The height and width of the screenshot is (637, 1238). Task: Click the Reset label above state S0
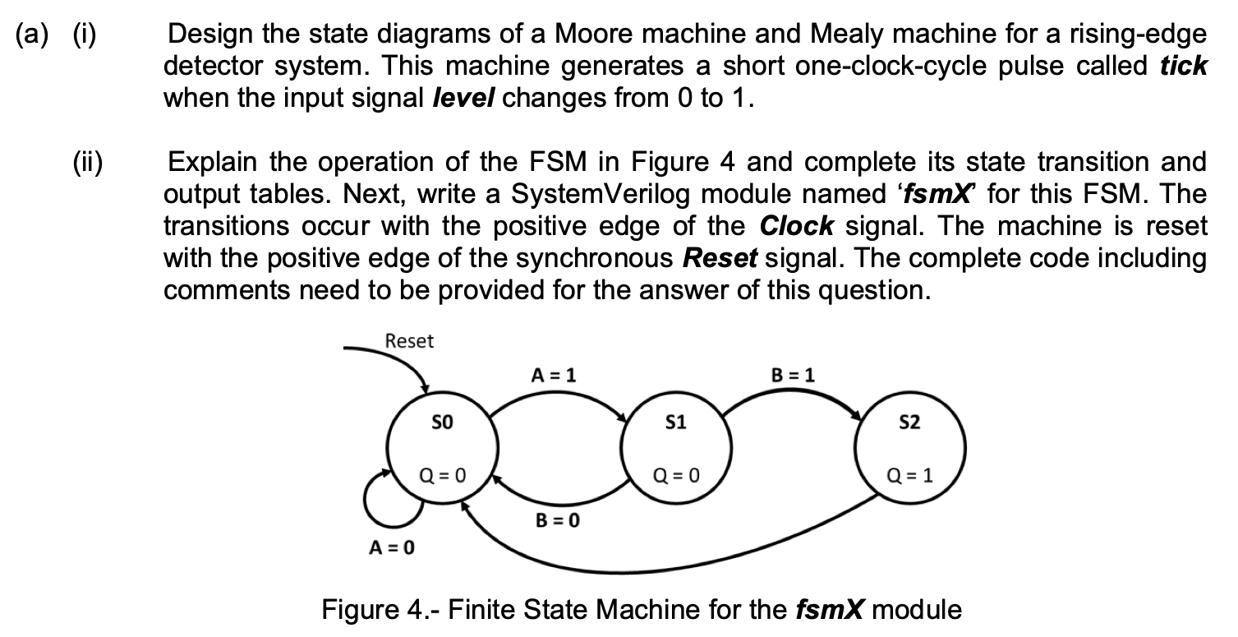409,341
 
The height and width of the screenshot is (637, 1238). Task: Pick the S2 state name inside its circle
910,423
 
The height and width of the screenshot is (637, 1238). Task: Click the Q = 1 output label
910,474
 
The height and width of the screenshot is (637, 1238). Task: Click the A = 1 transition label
554,374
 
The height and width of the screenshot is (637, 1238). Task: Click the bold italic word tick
1183,67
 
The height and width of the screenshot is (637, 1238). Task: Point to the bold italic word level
464,99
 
